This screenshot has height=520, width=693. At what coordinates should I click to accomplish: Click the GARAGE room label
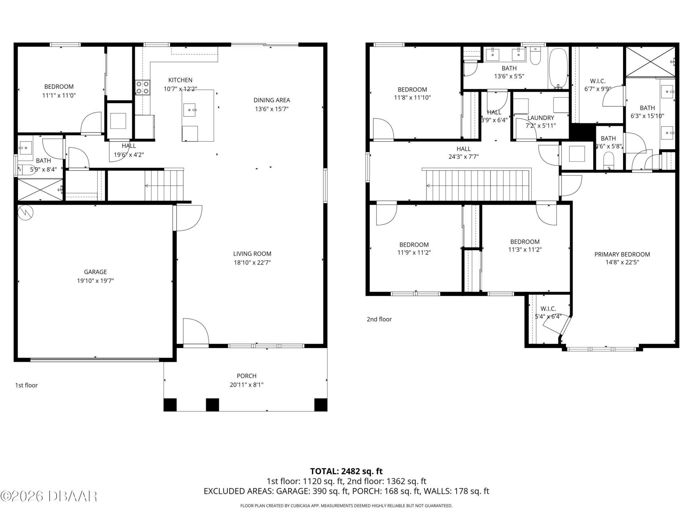[95, 272]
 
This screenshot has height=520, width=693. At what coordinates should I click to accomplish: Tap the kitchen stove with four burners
[143, 87]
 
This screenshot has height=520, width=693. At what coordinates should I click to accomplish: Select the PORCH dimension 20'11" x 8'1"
[247, 385]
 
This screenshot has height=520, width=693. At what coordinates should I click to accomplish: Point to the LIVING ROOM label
[252, 254]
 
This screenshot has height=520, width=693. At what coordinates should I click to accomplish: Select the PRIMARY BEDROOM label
[622, 254]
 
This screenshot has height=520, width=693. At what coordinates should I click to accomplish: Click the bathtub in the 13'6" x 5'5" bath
[558, 69]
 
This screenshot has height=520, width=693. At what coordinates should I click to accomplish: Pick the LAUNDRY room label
[540, 118]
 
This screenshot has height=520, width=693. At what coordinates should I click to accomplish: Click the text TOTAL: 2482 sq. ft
[346, 471]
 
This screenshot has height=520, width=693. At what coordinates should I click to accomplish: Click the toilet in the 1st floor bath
[26, 169]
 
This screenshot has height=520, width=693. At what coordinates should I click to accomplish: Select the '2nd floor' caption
[379, 319]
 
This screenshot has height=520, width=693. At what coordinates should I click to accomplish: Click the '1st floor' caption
[26, 385]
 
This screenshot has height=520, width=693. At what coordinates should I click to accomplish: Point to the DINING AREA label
[271, 100]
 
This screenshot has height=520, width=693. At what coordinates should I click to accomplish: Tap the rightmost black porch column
[321, 404]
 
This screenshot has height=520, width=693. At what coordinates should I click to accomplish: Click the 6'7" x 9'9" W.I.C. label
[597, 81]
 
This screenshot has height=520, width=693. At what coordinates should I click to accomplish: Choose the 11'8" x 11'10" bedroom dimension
[412, 97]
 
